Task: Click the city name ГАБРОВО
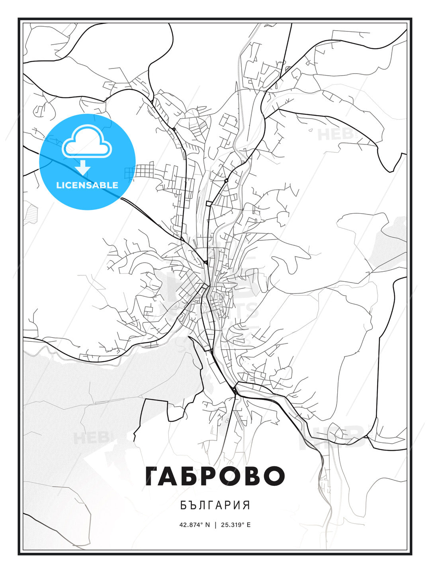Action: click(x=215, y=476)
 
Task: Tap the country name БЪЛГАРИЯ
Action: click(x=215, y=505)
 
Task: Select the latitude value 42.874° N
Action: click(x=194, y=524)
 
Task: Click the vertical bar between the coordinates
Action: click(x=215, y=524)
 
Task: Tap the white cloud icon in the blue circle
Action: click(x=87, y=141)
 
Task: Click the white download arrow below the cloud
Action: click(x=83, y=168)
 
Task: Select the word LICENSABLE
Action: click(x=87, y=185)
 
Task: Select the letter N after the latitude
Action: click(x=207, y=524)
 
